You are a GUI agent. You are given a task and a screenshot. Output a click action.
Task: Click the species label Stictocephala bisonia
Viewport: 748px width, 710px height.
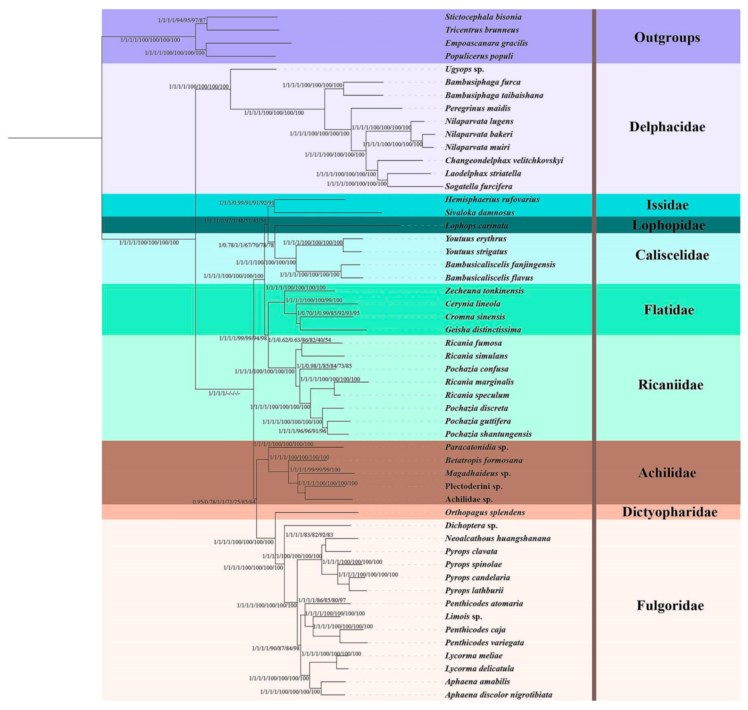[x=483, y=17]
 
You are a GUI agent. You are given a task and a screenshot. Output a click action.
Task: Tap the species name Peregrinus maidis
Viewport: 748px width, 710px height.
[x=477, y=108]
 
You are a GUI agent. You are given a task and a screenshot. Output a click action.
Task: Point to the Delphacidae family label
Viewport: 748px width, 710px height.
[x=667, y=127]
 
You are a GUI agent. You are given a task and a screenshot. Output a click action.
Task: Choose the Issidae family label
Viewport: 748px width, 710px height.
[x=667, y=205]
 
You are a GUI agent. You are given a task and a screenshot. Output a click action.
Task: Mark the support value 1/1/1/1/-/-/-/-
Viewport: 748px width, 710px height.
[x=224, y=393]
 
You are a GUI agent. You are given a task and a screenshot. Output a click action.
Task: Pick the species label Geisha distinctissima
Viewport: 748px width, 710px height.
[x=483, y=330]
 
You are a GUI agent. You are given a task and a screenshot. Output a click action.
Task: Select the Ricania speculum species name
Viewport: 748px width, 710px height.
[x=477, y=395]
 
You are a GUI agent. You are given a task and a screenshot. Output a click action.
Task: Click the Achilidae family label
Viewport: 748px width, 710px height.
[x=667, y=473]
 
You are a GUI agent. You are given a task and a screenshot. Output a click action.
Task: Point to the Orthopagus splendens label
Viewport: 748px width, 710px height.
[x=485, y=512]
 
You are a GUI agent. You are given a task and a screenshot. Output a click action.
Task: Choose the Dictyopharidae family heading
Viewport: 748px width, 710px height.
[x=669, y=512]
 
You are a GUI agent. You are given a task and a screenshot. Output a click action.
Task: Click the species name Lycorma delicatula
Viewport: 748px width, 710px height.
[x=479, y=669]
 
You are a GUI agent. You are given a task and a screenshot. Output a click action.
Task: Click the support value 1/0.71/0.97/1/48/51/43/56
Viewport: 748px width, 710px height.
[x=235, y=221]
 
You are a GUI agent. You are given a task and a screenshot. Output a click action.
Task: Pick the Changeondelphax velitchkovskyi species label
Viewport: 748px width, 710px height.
[x=504, y=160]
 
